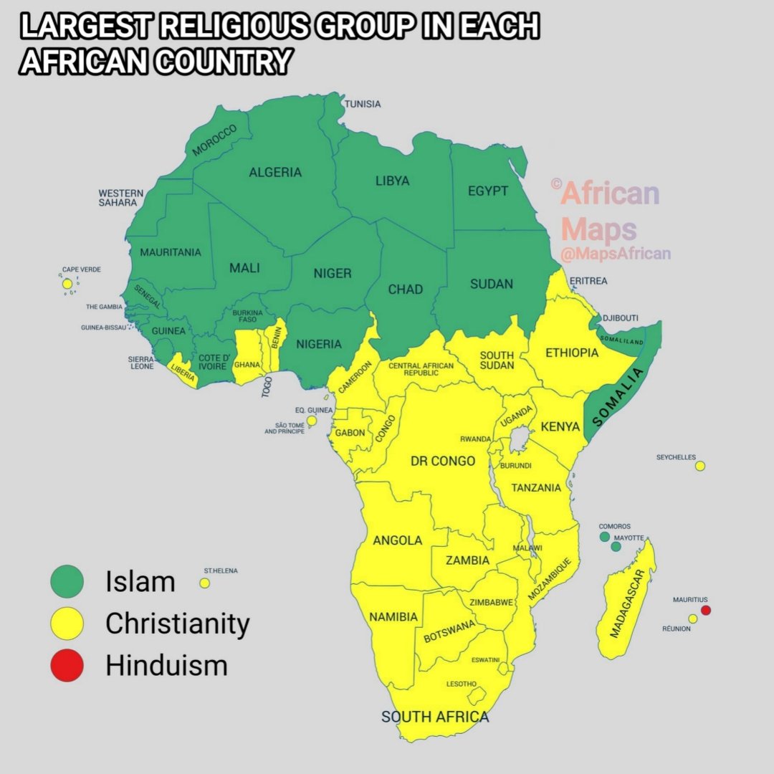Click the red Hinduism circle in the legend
(x=67, y=665)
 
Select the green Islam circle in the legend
(x=67, y=580)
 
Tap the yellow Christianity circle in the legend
(x=67, y=623)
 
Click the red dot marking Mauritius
(x=705, y=611)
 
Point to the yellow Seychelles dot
(x=700, y=466)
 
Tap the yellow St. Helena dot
(x=205, y=583)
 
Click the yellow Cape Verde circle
(x=67, y=285)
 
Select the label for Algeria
(x=275, y=172)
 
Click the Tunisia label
(x=363, y=105)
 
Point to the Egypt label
(x=488, y=191)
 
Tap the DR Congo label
(x=443, y=461)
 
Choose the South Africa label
(x=435, y=717)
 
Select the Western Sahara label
(x=121, y=198)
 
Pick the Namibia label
(x=393, y=616)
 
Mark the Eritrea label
(x=588, y=281)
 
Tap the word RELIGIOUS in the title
(x=237, y=27)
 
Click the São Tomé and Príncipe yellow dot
(x=312, y=421)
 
